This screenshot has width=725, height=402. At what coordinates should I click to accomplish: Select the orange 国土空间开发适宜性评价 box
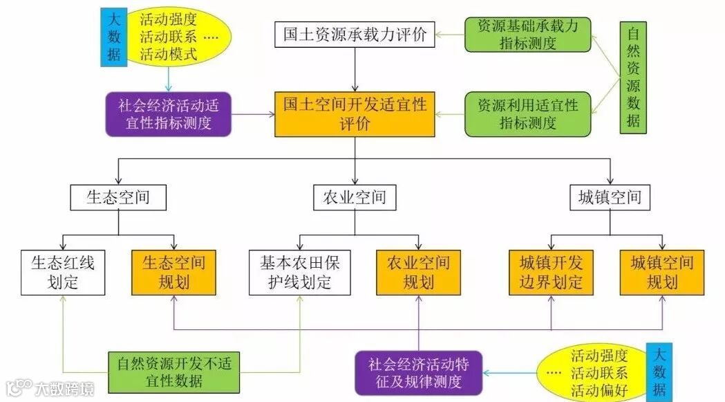click(x=355, y=114)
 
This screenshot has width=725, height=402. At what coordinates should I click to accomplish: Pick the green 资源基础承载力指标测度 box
click(x=528, y=34)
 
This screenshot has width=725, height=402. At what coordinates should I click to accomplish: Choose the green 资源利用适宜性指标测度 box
click(x=528, y=114)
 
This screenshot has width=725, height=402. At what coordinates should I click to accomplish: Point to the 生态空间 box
click(x=119, y=198)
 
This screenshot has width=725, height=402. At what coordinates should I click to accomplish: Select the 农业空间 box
click(x=355, y=198)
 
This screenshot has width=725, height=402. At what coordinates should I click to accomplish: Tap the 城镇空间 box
click(x=610, y=198)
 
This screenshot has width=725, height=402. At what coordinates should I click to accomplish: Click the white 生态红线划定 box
click(x=63, y=273)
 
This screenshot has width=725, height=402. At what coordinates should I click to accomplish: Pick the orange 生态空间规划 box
click(x=173, y=273)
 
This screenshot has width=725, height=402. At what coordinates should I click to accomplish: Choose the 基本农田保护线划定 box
click(x=300, y=273)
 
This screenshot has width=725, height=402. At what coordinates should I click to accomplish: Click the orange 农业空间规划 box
click(x=418, y=273)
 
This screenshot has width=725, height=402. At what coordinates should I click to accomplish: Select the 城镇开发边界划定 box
click(x=551, y=273)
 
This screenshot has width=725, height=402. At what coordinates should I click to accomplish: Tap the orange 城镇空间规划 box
click(x=662, y=273)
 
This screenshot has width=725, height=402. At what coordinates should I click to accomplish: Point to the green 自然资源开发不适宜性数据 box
click(x=173, y=372)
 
